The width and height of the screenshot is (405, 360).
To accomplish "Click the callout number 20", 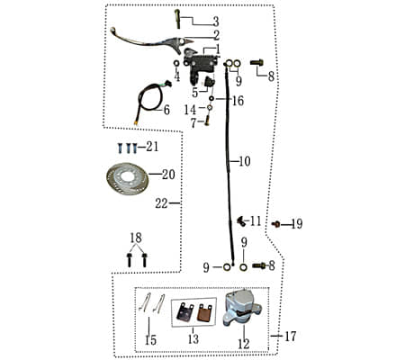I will [168, 175].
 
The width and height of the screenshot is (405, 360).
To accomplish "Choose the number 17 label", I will [290, 337].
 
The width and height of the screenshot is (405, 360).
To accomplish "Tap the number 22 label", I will [161, 203].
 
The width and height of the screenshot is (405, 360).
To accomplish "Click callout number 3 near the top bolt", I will [215, 21].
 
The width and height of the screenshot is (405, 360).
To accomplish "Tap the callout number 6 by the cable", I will [166, 110].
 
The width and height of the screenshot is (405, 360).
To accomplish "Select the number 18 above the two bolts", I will [136, 237].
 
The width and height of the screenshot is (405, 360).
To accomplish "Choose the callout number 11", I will [256, 220].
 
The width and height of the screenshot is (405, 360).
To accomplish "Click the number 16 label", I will [238, 101].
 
